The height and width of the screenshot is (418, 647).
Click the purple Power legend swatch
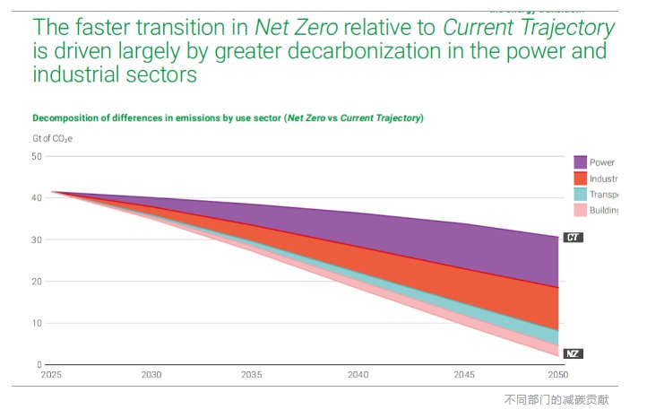[x=580, y=162]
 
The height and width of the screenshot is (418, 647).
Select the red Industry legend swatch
[x=580, y=179]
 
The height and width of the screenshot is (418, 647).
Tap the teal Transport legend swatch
[x=580, y=194]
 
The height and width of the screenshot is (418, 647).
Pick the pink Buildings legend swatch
[x=580, y=210]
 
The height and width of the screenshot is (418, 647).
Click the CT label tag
[x=573, y=238]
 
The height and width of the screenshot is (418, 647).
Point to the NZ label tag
[x=573, y=353]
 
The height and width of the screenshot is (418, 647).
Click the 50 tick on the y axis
[x=37, y=156]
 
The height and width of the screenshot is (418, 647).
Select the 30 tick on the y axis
[x=37, y=239]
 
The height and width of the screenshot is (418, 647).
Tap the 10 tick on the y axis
[x=37, y=323]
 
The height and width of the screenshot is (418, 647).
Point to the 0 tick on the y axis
[x=39, y=365]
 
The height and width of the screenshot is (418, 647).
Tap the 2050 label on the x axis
[x=556, y=375]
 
